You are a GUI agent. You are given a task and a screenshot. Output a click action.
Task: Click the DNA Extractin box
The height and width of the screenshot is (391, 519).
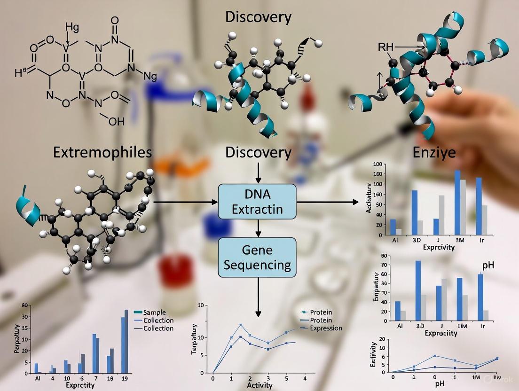point(258,202)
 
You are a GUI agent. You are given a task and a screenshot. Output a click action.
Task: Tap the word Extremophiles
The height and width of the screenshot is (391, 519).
point(102,152)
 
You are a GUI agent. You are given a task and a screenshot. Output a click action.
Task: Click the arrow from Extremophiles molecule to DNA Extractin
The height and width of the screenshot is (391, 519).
point(186,202)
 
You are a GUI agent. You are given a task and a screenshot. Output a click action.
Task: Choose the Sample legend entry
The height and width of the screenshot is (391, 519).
point(157,313)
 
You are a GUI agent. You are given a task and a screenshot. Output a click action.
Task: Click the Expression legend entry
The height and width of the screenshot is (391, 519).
point(326,328)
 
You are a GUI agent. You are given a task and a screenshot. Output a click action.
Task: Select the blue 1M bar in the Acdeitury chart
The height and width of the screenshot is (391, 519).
point(457,202)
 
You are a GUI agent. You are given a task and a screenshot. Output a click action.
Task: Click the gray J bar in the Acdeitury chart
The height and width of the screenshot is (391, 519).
point(441,214)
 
